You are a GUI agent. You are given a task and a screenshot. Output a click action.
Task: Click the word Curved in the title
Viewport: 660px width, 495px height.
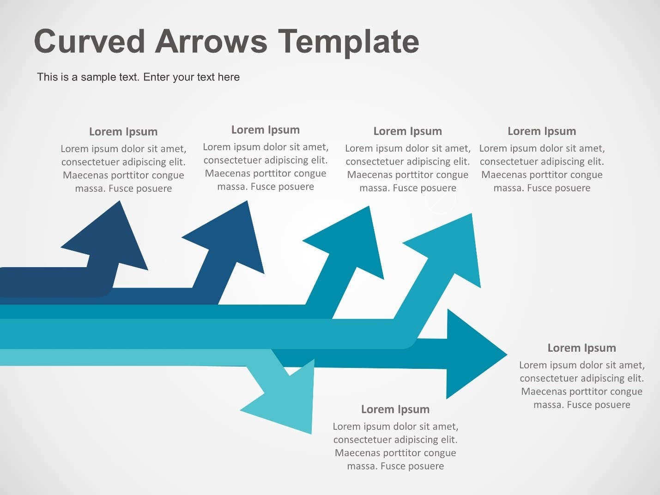point(90,41)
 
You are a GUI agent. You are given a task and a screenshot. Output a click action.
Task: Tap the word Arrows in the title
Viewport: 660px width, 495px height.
point(211,41)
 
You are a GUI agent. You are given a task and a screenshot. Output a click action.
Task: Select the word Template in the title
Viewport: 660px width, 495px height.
point(348,42)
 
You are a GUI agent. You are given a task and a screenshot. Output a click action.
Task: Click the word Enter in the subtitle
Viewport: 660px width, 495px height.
point(157,77)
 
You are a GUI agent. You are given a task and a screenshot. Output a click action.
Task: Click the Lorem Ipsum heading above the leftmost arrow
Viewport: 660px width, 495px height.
point(123,132)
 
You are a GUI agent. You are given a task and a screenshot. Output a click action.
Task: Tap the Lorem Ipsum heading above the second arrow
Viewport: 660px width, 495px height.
point(266,130)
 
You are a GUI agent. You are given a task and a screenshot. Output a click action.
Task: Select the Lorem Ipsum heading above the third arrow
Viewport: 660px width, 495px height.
point(408,131)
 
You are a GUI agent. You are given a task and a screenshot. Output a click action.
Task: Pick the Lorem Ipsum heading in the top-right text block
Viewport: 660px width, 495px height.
point(542,131)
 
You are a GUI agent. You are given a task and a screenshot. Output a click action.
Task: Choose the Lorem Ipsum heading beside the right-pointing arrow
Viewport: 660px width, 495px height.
point(581,348)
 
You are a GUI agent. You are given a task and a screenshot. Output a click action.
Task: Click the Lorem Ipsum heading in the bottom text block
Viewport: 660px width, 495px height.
point(395,409)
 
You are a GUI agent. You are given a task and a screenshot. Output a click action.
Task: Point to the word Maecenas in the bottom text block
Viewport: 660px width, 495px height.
point(356,453)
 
